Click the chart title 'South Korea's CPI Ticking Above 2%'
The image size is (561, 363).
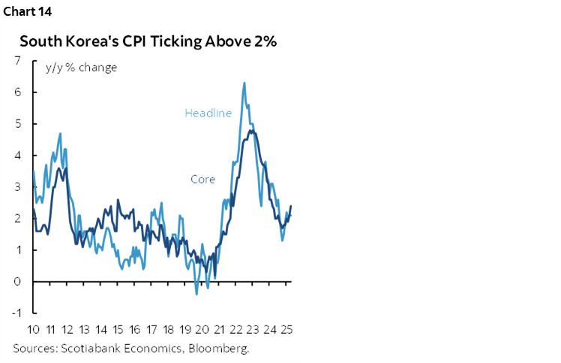(148, 41)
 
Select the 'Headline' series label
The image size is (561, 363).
(208, 113)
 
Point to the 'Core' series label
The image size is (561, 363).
(202, 180)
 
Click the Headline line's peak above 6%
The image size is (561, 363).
(244, 83)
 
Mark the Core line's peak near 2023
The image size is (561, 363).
(253, 131)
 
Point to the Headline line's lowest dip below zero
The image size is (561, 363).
(196, 294)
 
